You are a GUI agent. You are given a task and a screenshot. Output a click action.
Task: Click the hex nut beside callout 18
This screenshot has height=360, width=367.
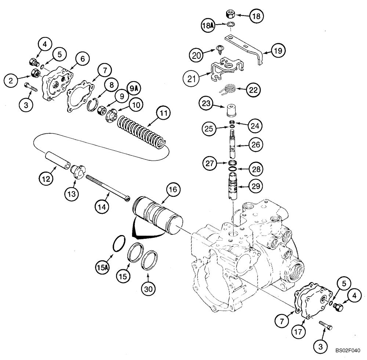pos(230,14)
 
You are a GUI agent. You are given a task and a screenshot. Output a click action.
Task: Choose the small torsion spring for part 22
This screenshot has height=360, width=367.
pos(230,89)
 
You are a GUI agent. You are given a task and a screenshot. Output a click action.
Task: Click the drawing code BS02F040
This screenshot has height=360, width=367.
pos(348,351)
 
